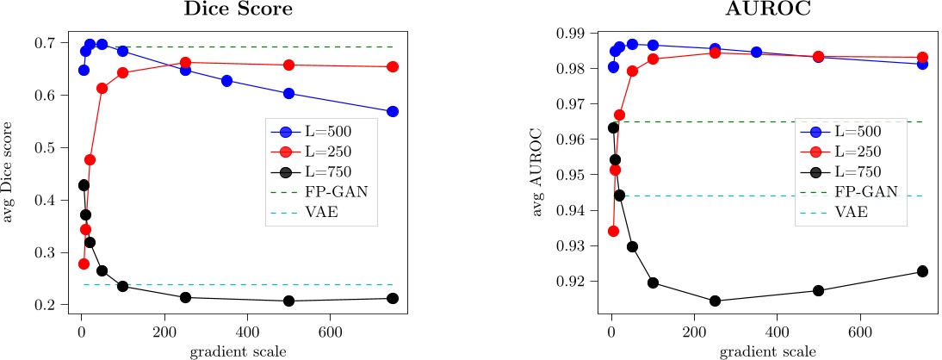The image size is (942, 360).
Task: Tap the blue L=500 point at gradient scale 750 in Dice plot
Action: click(x=393, y=111)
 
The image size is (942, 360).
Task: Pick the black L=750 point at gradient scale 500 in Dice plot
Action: click(x=288, y=301)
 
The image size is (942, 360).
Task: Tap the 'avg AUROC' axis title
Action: click(x=538, y=172)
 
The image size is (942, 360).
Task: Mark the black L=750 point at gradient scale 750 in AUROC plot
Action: click(x=922, y=271)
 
